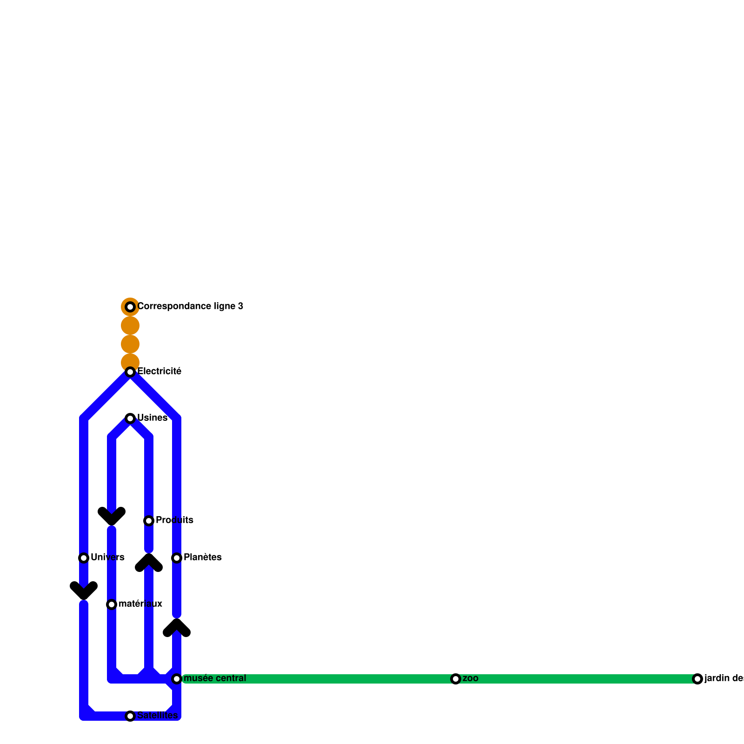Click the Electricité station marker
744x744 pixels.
(x=130, y=372)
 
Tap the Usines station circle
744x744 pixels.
(x=130, y=418)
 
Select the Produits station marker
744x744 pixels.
(x=149, y=521)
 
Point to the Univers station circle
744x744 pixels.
(x=84, y=558)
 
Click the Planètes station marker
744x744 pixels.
(x=177, y=558)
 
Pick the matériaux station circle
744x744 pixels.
(x=112, y=604)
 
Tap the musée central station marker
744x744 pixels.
(x=177, y=679)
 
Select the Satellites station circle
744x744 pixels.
(x=130, y=716)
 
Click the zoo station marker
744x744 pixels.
(x=456, y=679)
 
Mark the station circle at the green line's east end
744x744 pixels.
(x=697, y=679)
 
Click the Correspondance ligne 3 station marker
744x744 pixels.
(x=130, y=307)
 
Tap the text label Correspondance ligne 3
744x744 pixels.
(x=190, y=306)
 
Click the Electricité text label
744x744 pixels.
(x=159, y=372)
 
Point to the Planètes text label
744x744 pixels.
(x=202, y=558)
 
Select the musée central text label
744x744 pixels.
(x=215, y=678)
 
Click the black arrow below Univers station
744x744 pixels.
(x=84, y=591)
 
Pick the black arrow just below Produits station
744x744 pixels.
(x=149, y=563)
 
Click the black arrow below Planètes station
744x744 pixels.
(x=177, y=628)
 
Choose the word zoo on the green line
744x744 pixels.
(x=471, y=678)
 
